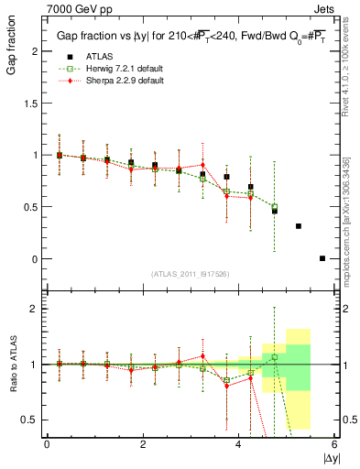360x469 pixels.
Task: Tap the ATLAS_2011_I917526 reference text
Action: click(x=190, y=274)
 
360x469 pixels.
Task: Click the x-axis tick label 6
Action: click(x=334, y=444)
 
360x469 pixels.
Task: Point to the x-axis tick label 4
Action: click(x=238, y=444)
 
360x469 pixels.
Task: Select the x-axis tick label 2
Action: click(x=143, y=444)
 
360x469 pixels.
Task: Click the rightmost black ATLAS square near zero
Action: click(x=322, y=258)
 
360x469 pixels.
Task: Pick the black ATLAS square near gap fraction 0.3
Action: click(x=299, y=226)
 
